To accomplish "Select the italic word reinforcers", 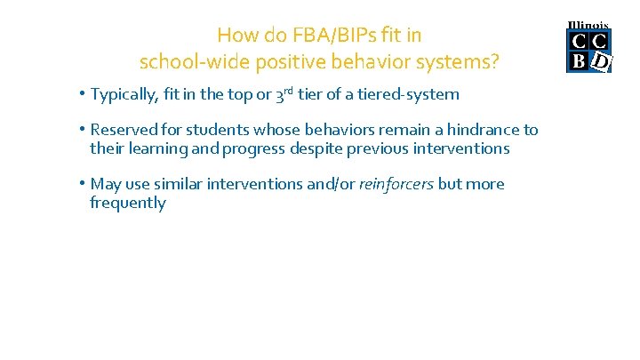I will pos(396,184).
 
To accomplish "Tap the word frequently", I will pos(127,203).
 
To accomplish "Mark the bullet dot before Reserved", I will pos(81,130).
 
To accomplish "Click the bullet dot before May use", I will pos(81,184).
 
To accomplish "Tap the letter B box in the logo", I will pos(578,60).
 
